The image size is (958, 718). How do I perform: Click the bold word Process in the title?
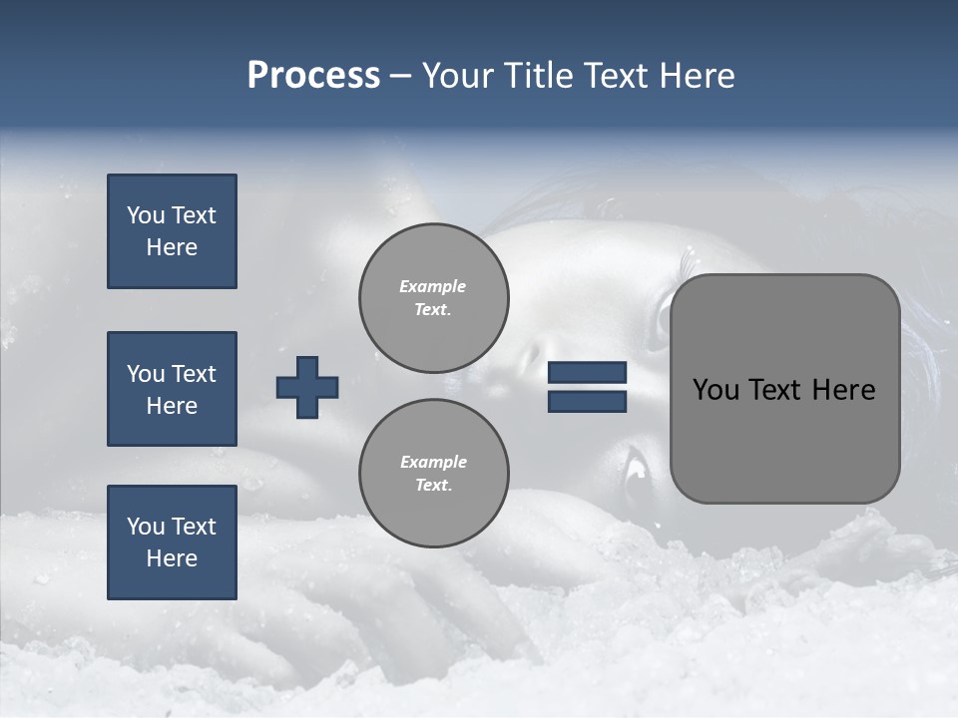click(x=313, y=76)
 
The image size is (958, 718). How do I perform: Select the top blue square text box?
click(x=172, y=231)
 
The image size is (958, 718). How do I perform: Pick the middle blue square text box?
click(x=172, y=389)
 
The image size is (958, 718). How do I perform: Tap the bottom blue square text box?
click(x=172, y=542)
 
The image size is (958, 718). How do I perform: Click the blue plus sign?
click(x=307, y=387)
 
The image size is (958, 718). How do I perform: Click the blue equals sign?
click(x=587, y=387)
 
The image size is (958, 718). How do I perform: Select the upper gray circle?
click(x=434, y=297)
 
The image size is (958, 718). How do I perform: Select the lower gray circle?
click(x=434, y=473)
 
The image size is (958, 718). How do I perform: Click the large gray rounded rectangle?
click(x=784, y=389)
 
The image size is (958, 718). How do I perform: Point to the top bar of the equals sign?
click(x=587, y=373)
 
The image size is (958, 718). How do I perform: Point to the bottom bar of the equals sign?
click(x=587, y=401)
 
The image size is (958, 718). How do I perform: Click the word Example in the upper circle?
click(x=433, y=286)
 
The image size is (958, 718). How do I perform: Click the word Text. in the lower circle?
click(x=433, y=485)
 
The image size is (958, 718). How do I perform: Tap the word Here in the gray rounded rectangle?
click(x=844, y=390)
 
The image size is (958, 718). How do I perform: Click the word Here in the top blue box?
click(x=172, y=247)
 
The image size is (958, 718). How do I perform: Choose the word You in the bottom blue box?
click(x=146, y=527)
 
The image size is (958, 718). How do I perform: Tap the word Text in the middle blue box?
click(x=194, y=374)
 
